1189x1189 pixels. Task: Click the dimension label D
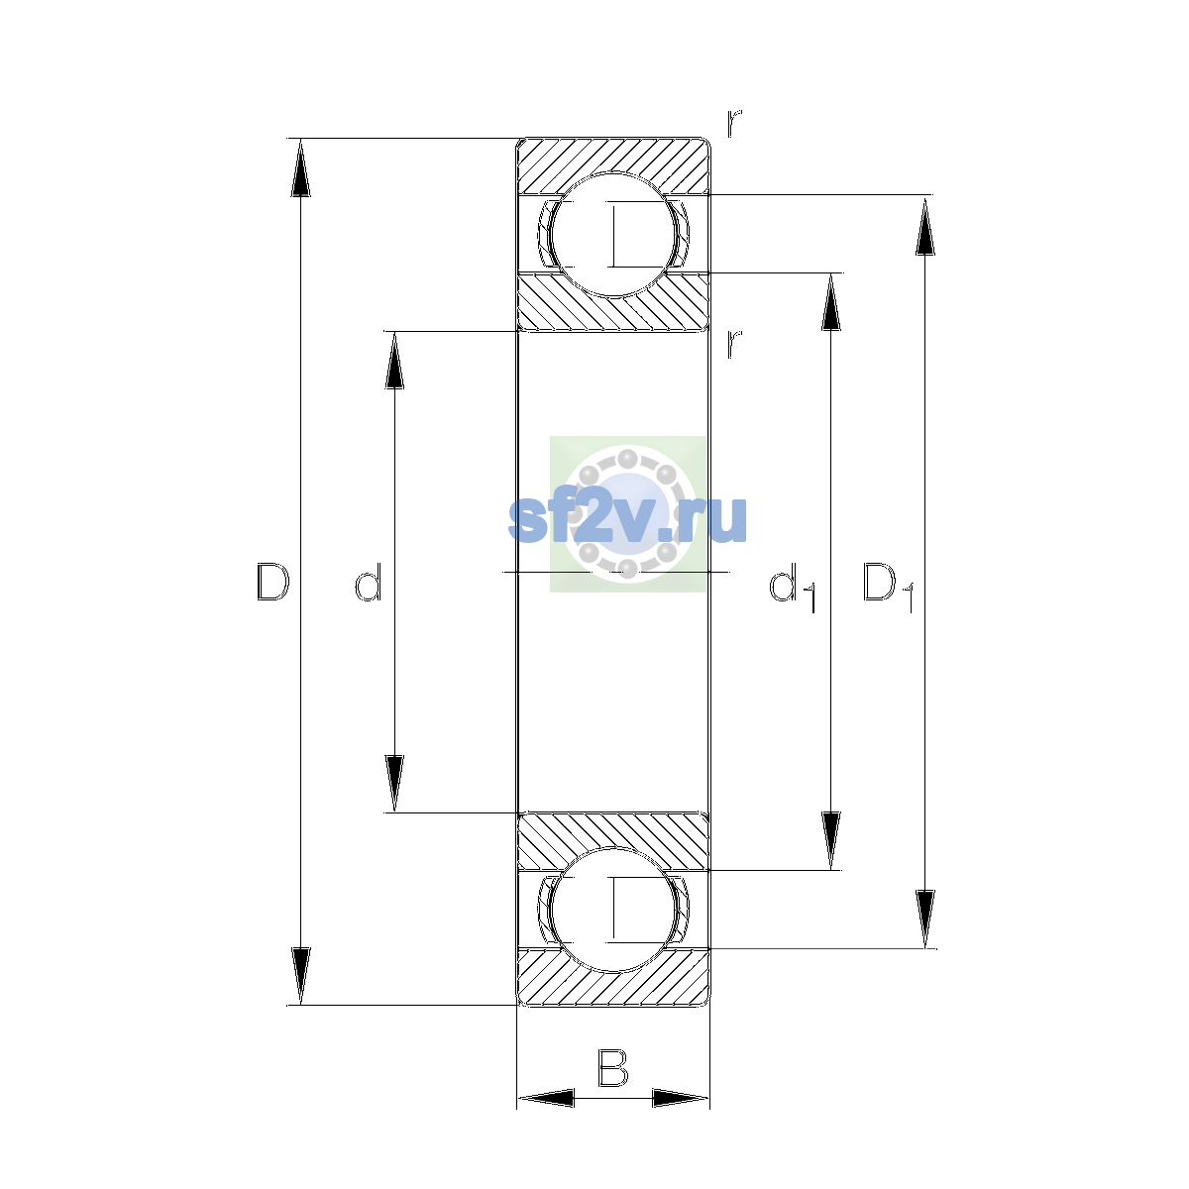click(272, 582)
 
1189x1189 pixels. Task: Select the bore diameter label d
click(369, 582)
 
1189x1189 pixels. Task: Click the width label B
click(612, 1068)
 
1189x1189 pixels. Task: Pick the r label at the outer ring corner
click(734, 123)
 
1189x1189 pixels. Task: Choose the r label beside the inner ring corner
click(734, 343)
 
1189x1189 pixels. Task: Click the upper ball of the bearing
click(612, 235)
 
